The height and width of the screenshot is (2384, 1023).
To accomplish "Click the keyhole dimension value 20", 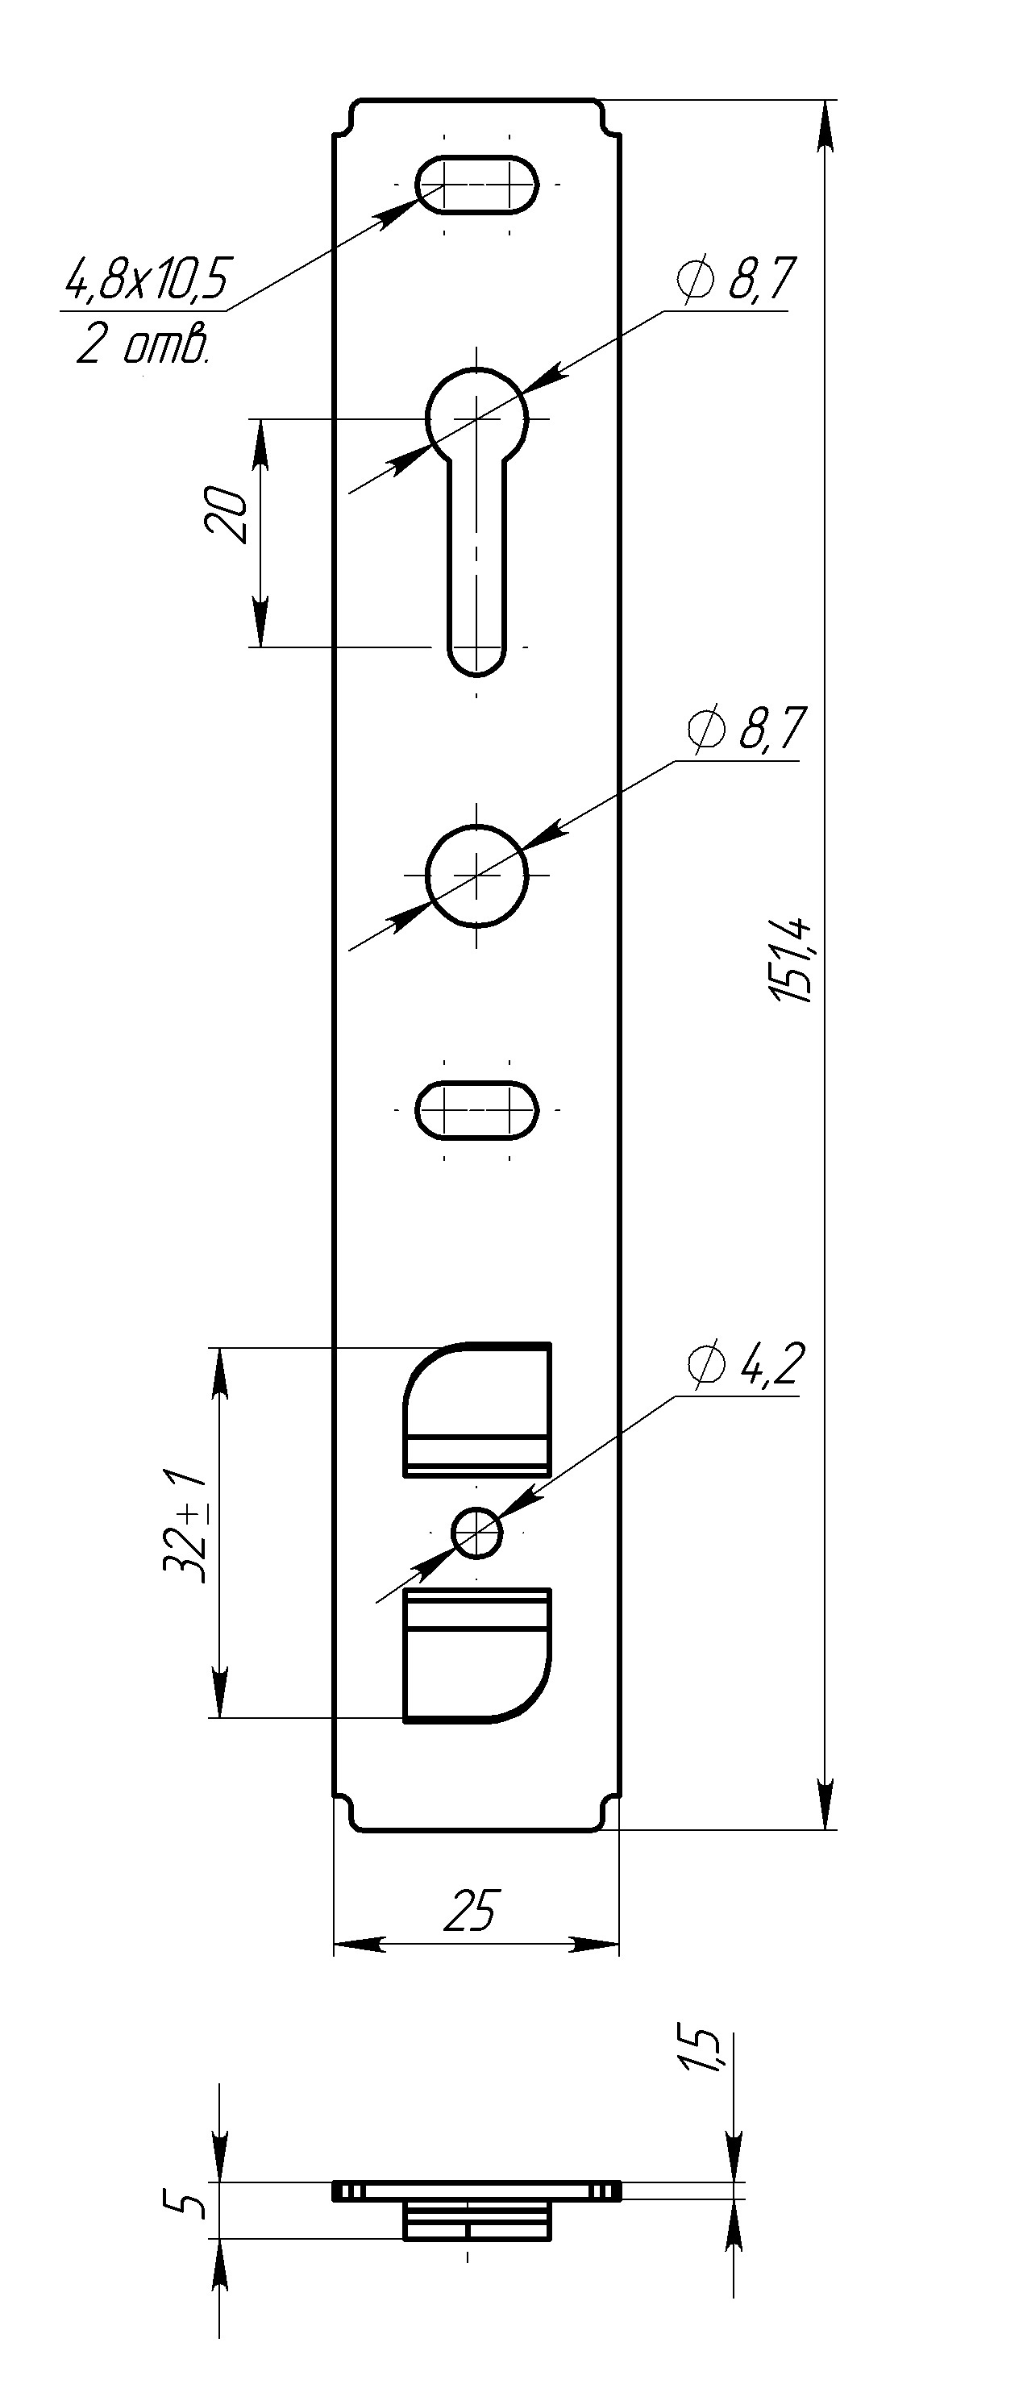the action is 227,514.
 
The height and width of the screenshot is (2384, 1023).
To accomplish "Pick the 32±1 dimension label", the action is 185,1523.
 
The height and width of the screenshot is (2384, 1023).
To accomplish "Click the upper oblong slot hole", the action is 476,184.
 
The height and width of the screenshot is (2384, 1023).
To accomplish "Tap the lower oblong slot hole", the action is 476,1109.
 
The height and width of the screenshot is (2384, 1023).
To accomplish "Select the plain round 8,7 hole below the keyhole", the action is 476,874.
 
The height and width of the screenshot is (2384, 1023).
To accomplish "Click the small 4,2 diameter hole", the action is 476,1533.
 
